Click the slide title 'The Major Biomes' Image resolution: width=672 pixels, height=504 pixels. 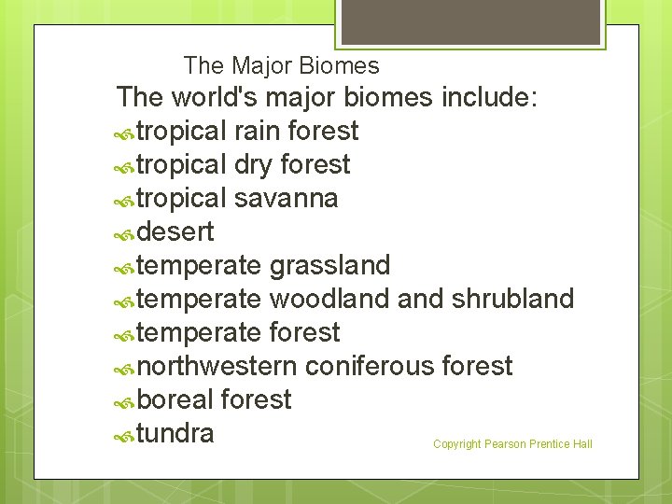click(x=281, y=66)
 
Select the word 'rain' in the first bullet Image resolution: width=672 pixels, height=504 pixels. click(x=258, y=131)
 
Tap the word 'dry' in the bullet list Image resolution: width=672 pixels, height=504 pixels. click(x=253, y=165)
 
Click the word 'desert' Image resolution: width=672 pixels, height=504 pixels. click(x=175, y=231)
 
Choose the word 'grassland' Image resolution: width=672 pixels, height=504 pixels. click(x=329, y=266)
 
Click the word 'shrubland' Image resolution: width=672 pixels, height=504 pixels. click(x=512, y=299)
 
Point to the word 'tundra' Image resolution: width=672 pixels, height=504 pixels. click(x=175, y=433)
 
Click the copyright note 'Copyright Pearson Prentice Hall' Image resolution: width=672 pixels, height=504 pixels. click(x=512, y=444)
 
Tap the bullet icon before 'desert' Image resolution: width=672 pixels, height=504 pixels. click(x=124, y=233)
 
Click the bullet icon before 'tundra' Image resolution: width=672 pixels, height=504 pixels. click(x=124, y=435)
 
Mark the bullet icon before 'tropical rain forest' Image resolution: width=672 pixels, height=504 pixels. click(x=124, y=133)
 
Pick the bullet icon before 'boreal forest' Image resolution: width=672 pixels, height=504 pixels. click(x=124, y=401)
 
